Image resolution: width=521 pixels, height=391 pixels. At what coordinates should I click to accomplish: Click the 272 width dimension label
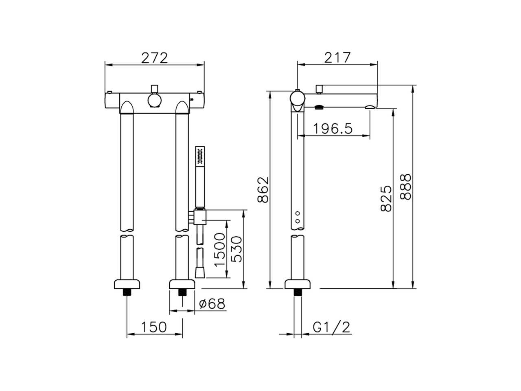pyautogui.click(x=154, y=58)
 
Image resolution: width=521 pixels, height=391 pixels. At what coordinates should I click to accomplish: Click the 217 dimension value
pyautogui.click(x=337, y=58)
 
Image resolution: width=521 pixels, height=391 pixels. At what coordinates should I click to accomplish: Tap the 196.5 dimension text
pyautogui.click(x=333, y=129)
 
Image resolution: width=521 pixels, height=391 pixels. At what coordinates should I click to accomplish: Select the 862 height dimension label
pyautogui.click(x=264, y=190)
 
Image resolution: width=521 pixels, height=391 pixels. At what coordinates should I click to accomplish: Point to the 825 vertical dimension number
pyautogui.click(x=386, y=198)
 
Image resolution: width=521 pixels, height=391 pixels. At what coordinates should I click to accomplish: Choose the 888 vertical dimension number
pyautogui.click(x=406, y=187)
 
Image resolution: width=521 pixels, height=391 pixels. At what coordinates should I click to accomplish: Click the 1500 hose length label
pyautogui.click(x=220, y=250)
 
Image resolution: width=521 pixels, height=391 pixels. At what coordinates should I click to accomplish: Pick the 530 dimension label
pyautogui.click(x=236, y=250)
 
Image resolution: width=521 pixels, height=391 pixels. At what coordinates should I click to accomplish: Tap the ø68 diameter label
pyautogui.click(x=212, y=304)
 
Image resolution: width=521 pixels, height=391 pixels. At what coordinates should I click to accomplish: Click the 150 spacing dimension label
pyautogui.click(x=154, y=327)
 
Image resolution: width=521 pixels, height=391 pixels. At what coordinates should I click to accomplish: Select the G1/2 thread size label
pyautogui.click(x=332, y=327)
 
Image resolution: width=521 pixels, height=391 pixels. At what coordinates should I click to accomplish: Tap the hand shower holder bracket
pyautogui.click(x=199, y=216)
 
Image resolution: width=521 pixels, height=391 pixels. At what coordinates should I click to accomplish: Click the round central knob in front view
pyautogui.click(x=154, y=100)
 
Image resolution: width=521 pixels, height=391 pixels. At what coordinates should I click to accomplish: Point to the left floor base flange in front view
pyautogui.click(x=127, y=283)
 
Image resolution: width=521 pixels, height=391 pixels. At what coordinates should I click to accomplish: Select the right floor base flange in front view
pyautogui.click(x=182, y=283)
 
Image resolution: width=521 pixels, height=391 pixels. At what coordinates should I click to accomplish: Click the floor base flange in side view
pyautogui.click(x=298, y=283)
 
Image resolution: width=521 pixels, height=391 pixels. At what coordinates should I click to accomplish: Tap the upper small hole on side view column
pyautogui.click(x=298, y=213)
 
